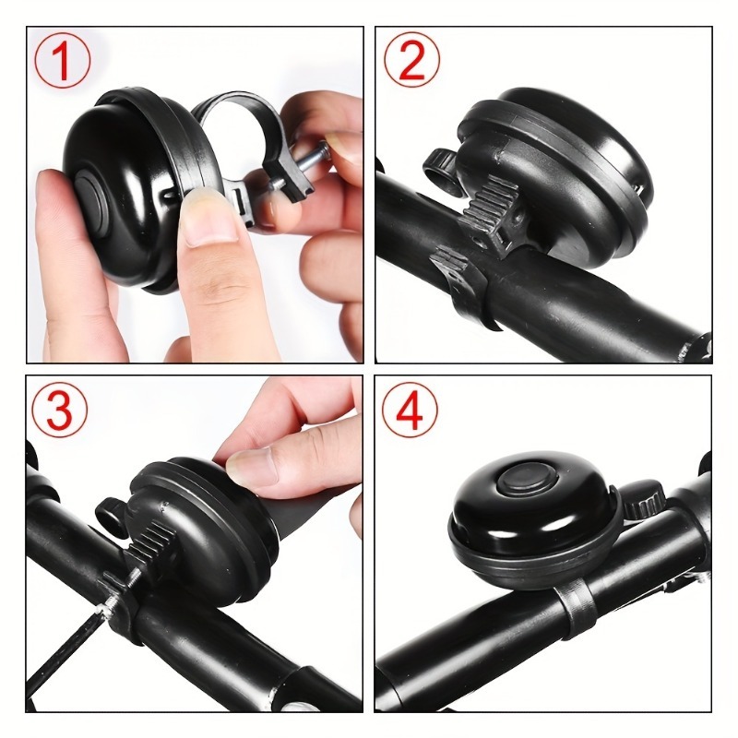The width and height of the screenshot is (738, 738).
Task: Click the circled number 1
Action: [62, 62]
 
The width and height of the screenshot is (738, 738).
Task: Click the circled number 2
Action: [411, 61]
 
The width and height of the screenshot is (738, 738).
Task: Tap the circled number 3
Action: [62, 410]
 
